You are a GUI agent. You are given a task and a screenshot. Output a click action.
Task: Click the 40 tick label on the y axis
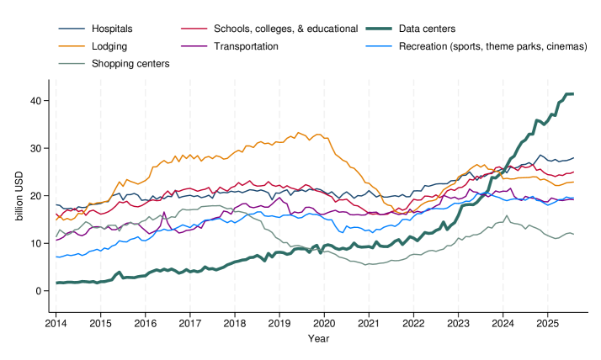click(36, 101)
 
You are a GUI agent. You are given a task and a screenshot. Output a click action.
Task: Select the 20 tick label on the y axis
click(36, 196)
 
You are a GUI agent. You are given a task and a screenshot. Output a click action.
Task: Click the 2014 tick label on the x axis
click(56, 323)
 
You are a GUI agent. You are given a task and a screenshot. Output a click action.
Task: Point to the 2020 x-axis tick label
click(324, 323)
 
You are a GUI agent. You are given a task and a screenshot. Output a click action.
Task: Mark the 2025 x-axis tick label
click(547, 323)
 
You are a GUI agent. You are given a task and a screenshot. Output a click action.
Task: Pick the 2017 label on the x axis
click(190, 323)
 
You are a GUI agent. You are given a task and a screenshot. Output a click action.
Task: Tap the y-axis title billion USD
click(19, 195)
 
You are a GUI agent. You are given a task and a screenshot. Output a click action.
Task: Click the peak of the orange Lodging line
click(298, 132)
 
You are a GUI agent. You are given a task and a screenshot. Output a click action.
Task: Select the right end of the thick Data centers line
click(573, 94)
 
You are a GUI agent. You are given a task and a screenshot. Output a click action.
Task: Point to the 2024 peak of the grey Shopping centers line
click(507, 216)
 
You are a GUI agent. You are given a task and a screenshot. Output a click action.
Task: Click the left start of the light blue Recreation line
click(56, 257)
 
